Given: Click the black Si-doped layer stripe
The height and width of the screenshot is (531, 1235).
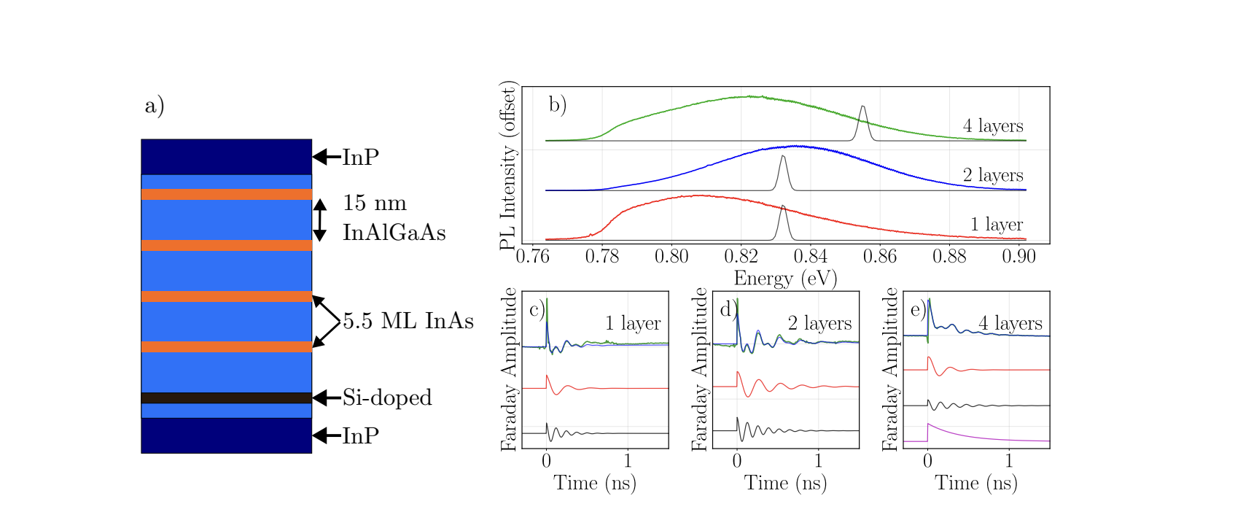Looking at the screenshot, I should point(226,398).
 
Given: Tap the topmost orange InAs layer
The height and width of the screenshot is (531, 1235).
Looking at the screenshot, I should point(226,194).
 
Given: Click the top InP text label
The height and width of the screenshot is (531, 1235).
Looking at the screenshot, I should point(360,157).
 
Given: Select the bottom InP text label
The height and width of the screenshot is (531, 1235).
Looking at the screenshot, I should point(360,435).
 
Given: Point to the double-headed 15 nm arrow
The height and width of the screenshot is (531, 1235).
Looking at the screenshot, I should point(319,220).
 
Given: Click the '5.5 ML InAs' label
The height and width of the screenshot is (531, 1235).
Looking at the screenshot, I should point(408,321).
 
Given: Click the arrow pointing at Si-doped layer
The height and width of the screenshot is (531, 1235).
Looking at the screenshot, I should point(326,398).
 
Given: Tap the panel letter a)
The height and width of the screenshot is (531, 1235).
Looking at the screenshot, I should point(155,106).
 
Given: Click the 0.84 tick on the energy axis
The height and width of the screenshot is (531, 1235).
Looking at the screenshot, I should point(810,256).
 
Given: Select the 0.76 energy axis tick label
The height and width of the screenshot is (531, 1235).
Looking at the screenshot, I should point(532,256).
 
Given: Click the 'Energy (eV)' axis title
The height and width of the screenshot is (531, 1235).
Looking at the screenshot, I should point(785,279).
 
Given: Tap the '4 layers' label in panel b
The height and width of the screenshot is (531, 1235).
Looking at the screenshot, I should point(993,126).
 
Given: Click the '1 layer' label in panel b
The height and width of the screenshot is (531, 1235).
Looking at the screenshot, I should point(996,225).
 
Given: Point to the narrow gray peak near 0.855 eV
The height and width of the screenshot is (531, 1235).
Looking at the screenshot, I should point(863,117).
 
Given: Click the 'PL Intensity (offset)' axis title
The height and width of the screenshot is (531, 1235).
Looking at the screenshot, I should point(508,166).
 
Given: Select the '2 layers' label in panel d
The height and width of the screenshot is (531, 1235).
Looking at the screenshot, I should point(819,323).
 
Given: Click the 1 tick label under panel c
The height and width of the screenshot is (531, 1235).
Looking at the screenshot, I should point(628,460).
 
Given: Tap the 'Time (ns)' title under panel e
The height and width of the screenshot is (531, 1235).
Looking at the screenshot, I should point(976,483).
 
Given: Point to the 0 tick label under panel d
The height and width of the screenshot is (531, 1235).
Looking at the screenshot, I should point(737,460).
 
